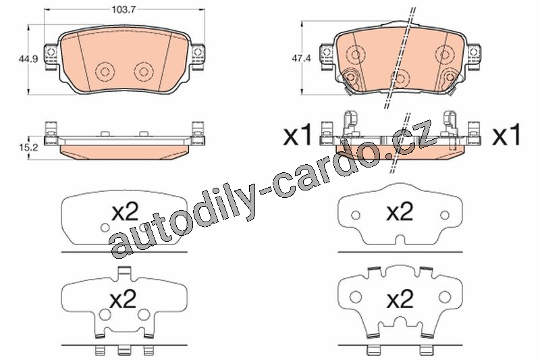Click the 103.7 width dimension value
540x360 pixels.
click(124, 9)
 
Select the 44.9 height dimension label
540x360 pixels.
click(28, 59)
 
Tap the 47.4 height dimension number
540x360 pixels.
click(301, 59)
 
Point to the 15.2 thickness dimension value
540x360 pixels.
click(28, 148)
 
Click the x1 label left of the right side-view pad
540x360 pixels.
click(297, 135)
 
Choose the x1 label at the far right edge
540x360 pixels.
click(507, 135)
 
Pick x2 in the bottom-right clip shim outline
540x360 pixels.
click(400, 299)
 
